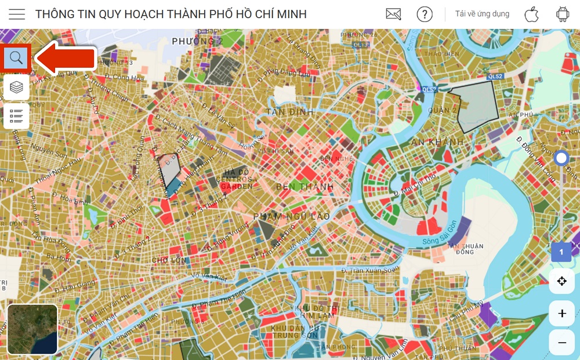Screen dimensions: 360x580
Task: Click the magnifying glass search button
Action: tap(16, 57)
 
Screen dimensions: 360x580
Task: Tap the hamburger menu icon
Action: tap(17, 14)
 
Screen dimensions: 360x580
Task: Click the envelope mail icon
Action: tap(393, 14)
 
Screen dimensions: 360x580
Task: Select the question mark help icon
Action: tap(425, 14)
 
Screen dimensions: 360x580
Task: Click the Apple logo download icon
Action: tap(531, 14)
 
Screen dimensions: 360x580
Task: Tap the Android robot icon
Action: tap(561, 14)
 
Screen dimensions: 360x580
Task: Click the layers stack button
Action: tap(16, 87)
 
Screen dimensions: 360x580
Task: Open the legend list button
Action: tap(16, 117)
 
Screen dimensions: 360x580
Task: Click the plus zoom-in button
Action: tap(561, 314)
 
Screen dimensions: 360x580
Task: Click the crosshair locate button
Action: tap(561, 281)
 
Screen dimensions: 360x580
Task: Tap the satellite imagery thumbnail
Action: tap(32, 329)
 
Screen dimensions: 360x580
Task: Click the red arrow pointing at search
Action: tap(66, 58)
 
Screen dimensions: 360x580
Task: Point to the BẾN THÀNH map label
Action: tap(305, 187)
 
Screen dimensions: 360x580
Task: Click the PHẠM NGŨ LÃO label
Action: tap(291, 217)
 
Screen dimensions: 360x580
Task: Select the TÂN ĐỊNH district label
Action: tap(290, 112)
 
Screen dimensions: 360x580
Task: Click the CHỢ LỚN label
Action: tap(169, 260)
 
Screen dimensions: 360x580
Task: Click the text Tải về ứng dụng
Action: tap(482, 14)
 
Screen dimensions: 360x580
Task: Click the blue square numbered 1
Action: tap(561, 252)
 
